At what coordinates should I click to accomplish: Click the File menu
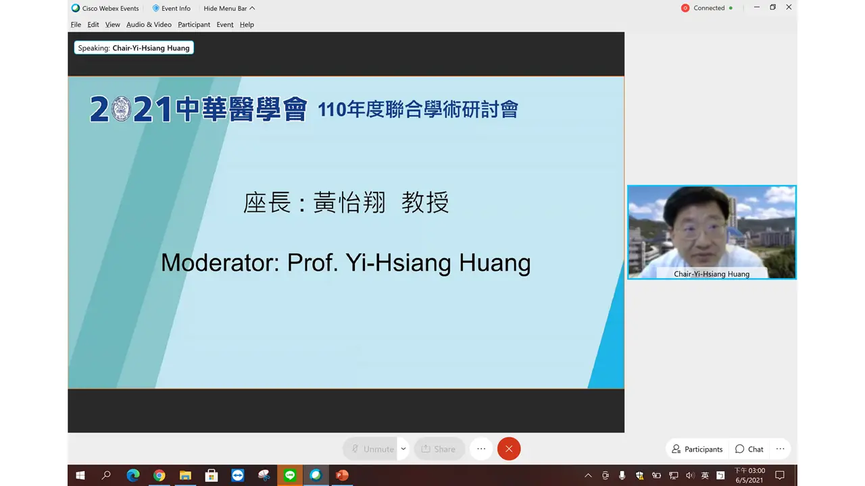click(76, 24)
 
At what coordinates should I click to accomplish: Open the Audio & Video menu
click(149, 24)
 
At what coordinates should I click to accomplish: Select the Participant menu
click(194, 24)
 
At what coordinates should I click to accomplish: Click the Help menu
click(247, 24)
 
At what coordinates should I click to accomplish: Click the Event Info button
click(172, 8)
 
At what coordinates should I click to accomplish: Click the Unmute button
click(372, 449)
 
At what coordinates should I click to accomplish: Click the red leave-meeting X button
click(509, 449)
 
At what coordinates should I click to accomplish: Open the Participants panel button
click(697, 449)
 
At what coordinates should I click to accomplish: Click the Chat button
click(749, 449)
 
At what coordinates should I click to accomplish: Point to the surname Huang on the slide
click(495, 263)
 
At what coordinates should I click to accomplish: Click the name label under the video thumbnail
click(712, 273)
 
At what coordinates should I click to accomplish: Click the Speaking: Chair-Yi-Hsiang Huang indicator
click(134, 48)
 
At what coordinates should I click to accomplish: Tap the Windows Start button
click(80, 475)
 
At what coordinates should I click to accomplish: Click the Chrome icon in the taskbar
click(159, 475)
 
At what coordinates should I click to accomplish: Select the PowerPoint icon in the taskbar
click(342, 475)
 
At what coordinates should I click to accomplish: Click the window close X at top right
click(789, 7)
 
